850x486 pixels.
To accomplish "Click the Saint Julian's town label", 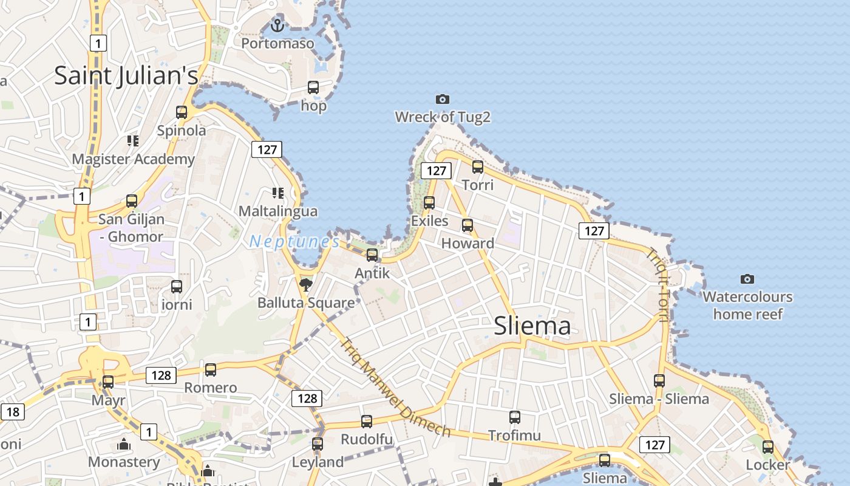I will click(x=126, y=75).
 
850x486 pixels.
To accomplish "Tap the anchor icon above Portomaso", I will click(x=277, y=26).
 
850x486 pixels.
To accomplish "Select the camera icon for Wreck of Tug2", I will click(x=443, y=99).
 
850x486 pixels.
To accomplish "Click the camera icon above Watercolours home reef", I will click(x=747, y=279).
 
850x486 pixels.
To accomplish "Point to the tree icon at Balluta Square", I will click(x=305, y=284).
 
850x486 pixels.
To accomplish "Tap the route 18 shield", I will click(x=12, y=412).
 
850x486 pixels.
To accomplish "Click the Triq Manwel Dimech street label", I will click(x=395, y=387).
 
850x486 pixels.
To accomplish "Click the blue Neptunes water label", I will click(x=294, y=241).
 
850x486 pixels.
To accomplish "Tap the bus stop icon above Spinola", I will click(x=182, y=112).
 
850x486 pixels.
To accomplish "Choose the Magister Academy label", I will click(x=134, y=159).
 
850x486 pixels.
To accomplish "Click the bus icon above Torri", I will click(x=478, y=166).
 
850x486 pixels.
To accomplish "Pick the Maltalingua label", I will click(x=278, y=211).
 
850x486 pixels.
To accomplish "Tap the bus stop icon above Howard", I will click(x=467, y=225).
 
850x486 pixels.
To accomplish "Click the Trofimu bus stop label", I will click(x=514, y=435).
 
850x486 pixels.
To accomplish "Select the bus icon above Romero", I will click(x=211, y=369).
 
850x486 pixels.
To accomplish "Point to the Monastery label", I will click(x=124, y=462).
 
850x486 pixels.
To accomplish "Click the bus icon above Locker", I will click(x=768, y=447).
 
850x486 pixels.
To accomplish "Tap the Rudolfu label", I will click(x=367, y=439).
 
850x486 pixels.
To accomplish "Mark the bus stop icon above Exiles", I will click(x=429, y=203).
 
